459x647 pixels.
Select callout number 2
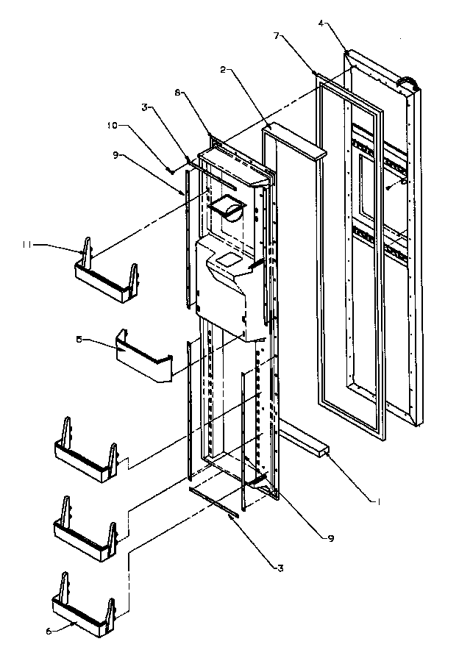[222, 70]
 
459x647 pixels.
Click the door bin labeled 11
[107, 275]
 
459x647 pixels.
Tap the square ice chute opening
[225, 208]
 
